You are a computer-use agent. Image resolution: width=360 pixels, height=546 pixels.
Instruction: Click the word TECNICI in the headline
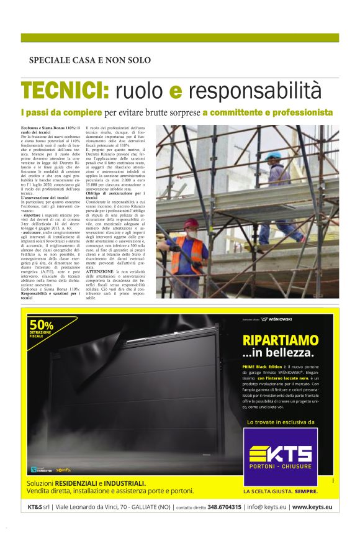65,91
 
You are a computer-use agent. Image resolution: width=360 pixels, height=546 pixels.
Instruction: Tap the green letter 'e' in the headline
176,93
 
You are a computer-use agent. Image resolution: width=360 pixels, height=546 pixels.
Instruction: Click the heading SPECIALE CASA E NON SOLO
89,60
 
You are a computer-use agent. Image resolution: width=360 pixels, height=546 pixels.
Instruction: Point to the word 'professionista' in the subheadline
310,112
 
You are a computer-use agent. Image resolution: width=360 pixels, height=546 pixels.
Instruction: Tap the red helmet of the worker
188,224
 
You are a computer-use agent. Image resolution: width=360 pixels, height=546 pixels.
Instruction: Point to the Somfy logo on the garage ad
63,470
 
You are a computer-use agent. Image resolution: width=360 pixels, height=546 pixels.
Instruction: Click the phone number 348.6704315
224,507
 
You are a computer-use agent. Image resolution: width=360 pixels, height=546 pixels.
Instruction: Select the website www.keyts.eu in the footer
312,507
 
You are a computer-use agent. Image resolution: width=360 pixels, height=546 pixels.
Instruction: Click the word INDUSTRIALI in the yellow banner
125,483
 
